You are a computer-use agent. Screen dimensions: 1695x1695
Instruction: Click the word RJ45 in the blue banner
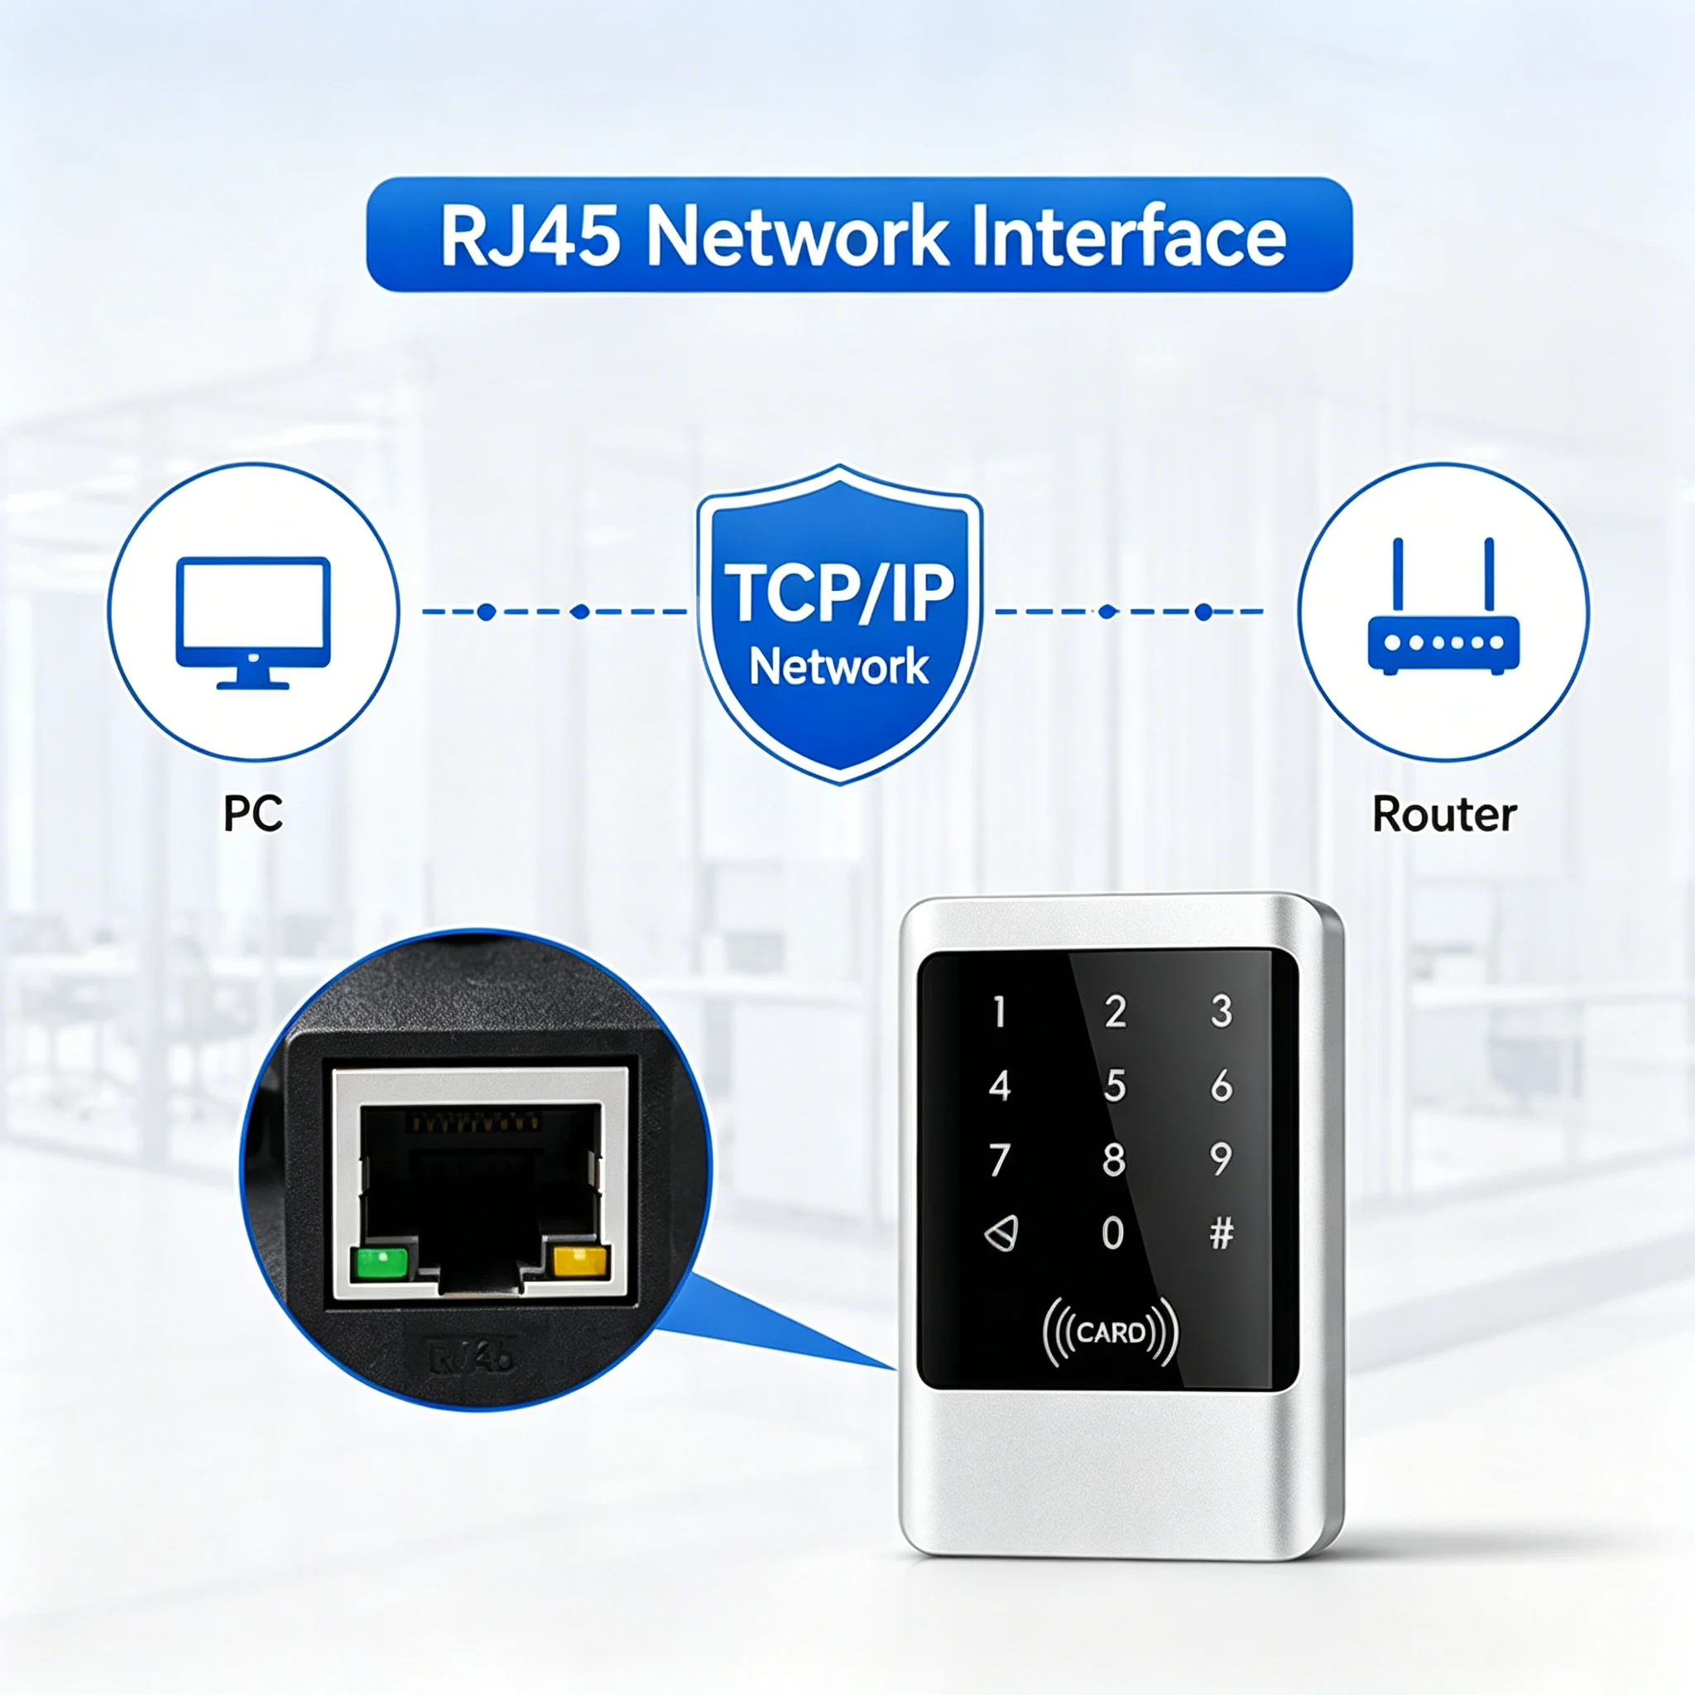click(529, 235)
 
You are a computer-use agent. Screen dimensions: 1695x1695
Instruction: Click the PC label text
click(252, 814)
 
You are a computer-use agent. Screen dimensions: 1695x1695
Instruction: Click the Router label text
click(1444, 814)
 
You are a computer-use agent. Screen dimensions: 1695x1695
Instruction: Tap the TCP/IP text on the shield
click(838, 593)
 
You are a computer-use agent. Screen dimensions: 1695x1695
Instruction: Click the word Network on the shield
click(838, 667)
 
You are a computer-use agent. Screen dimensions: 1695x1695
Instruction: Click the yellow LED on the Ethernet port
click(580, 1261)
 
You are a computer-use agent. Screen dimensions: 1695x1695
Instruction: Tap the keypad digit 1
click(998, 1011)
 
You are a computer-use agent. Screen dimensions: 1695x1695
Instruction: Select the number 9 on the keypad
click(1222, 1159)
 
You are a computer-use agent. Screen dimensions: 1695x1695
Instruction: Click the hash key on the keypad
click(1222, 1233)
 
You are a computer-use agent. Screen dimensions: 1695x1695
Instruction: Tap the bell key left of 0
click(1001, 1232)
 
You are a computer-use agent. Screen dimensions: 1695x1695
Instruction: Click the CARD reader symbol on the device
click(1110, 1332)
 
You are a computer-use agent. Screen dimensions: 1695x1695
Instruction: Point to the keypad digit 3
click(1222, 1011)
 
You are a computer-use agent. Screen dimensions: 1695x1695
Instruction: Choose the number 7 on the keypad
click(999, 1160)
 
